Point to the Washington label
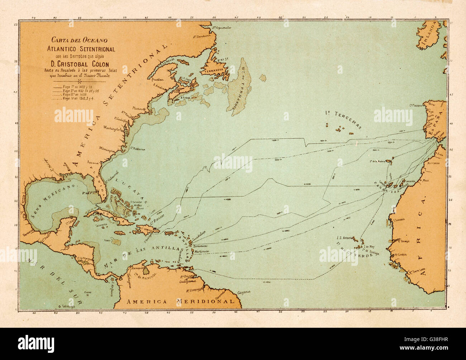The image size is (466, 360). pyautogui.click(x=111, y=127)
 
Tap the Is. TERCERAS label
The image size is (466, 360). pyautogui.click(x=343, y=118)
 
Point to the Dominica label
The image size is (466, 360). pyautogui.click(x=200, y=246)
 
